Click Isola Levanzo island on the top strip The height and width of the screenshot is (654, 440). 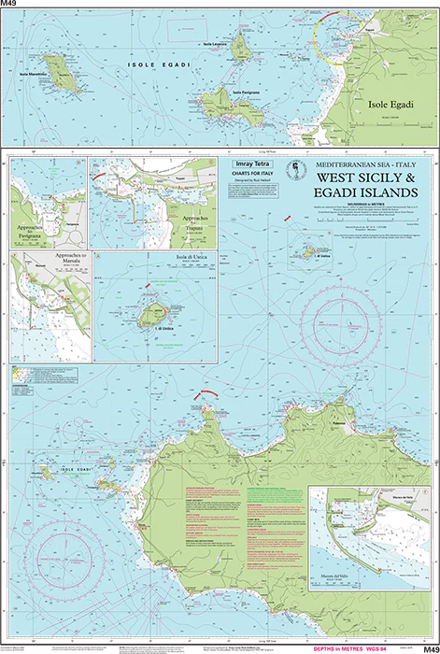click(241, 45)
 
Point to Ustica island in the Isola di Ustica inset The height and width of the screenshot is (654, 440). click(149, 319)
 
